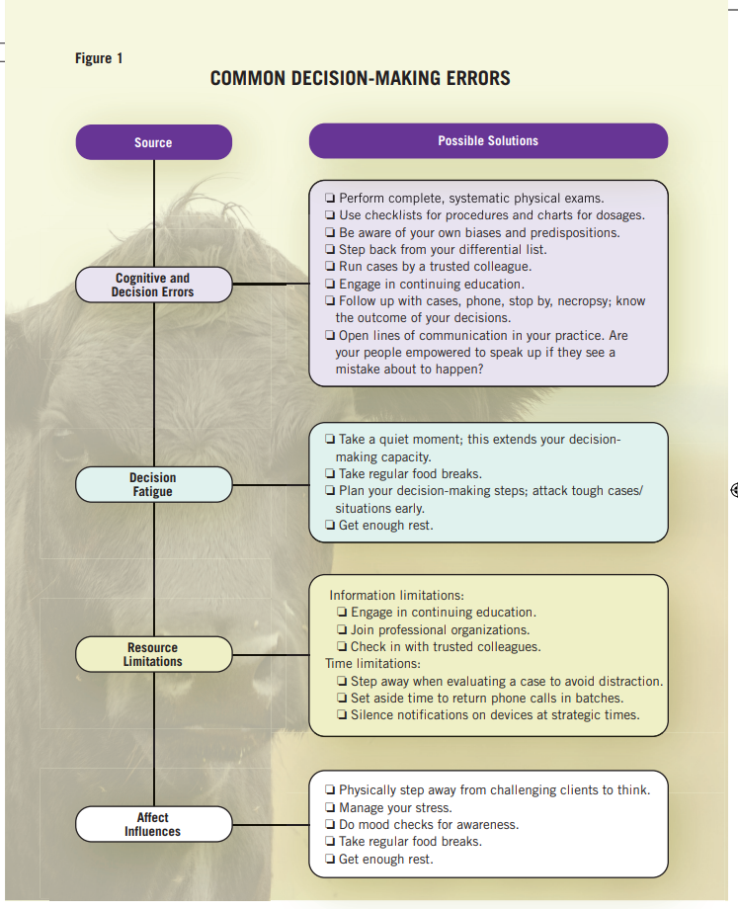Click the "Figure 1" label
99,58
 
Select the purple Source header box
153,142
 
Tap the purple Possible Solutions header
488,141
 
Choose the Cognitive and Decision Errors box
153,286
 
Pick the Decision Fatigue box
153,484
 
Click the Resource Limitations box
153,654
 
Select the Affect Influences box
153,824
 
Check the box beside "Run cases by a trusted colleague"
330,267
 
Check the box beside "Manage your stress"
330,807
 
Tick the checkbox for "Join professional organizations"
342,629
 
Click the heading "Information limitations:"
396,596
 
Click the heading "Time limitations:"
373,664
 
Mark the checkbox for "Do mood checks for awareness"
330,825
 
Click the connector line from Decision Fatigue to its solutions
271,484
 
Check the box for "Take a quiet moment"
330,440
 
